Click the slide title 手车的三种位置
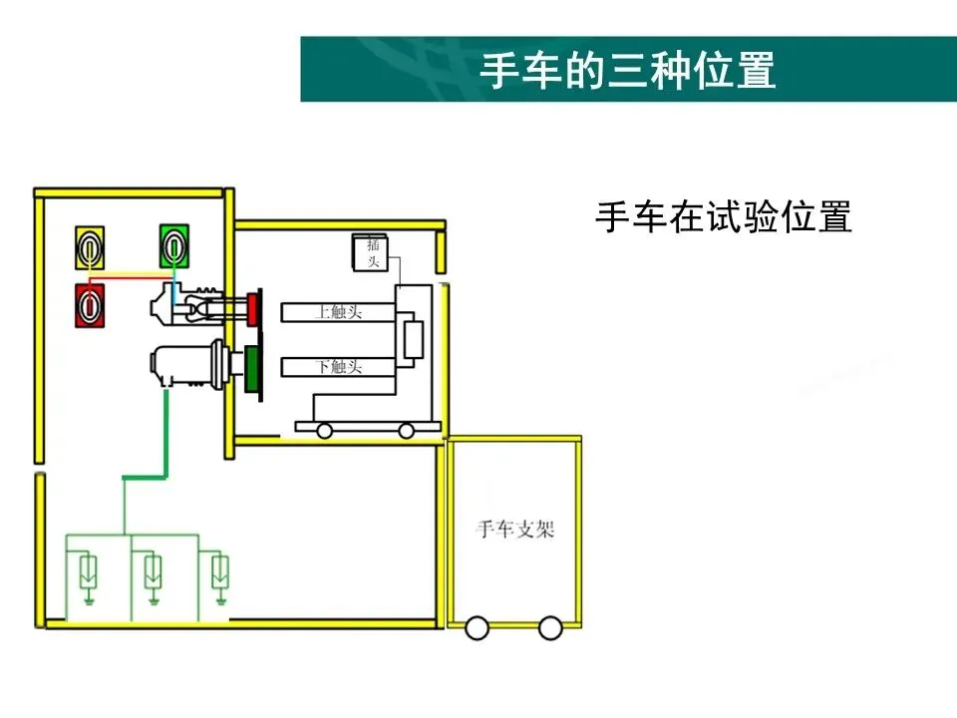[x=628, y=70]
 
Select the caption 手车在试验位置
[x=724, y=216]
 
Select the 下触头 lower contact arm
[x=339, y=367]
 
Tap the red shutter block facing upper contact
[x=254, y=309]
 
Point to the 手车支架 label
[x=515, y=530]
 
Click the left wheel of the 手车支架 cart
[x=478, y=628]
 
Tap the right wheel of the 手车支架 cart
[x=550, y=628]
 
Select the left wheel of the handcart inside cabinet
[x=325, y=430]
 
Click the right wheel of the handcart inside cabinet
[x=406, y=430]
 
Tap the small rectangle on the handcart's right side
[x=412, y=338]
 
